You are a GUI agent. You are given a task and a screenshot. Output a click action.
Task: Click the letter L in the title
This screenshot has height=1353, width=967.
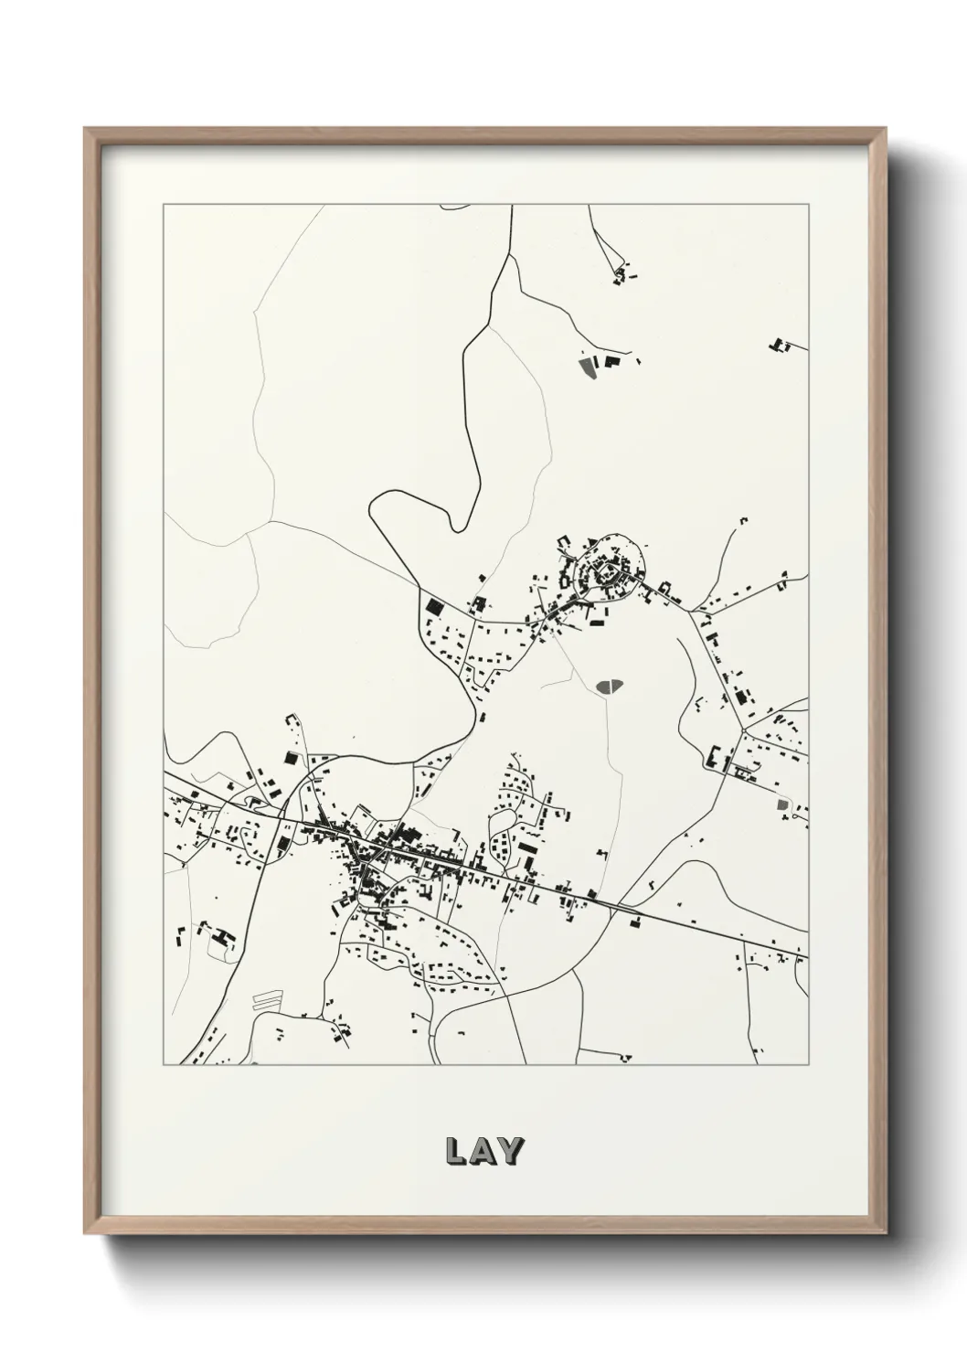[455, 1152]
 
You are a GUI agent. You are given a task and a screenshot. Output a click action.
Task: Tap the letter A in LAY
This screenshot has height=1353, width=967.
[483, 1152]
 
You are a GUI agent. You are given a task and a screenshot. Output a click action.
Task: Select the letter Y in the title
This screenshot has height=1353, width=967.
[510, 1152]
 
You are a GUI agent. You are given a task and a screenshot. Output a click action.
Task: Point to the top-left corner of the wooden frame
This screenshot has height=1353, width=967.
[86, 129]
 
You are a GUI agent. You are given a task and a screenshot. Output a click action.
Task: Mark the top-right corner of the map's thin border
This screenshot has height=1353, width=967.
[809, 205]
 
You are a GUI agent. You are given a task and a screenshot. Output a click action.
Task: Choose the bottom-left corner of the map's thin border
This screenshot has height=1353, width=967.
[164, 1065]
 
